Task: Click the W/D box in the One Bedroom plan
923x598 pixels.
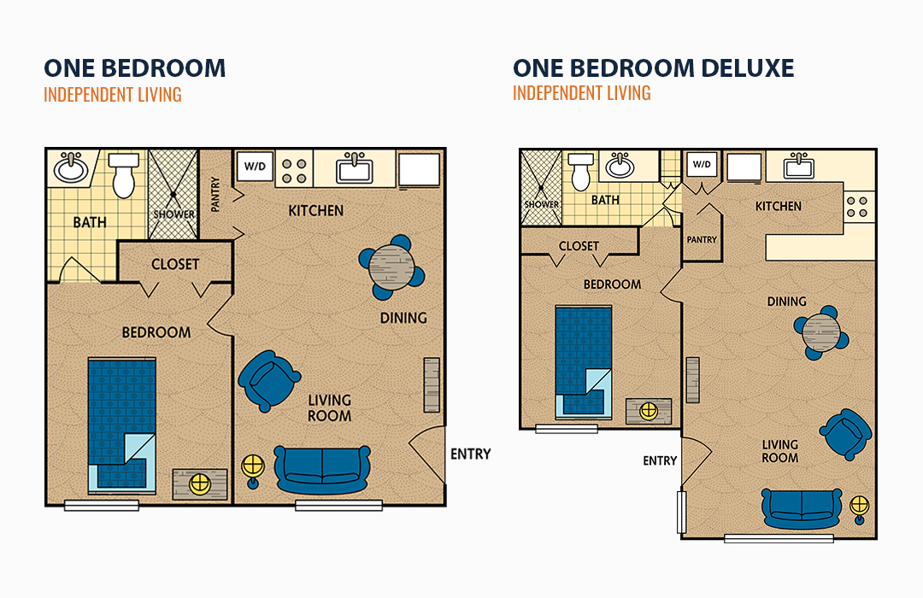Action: pos(255,167)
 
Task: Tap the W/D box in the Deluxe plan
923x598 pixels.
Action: pos(701,164)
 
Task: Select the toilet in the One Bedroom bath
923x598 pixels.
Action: pos(124,175)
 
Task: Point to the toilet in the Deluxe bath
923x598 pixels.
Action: pos(580,171)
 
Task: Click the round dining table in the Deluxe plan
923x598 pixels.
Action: pos(820,332)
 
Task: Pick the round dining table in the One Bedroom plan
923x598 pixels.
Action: pos(391,267)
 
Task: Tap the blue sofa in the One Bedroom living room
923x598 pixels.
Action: pos(322,469)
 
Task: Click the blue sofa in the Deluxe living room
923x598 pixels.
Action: pos(801,508)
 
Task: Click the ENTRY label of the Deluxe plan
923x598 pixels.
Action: pos(660,460)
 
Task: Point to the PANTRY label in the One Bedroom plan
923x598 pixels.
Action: pos(215,194)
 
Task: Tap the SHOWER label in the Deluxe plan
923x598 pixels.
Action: pos(542,204)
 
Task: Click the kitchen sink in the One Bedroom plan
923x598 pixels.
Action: pos(354,169)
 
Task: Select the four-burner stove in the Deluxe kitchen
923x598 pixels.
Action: pos(857,207)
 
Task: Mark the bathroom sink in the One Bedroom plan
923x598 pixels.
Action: pos(71,167)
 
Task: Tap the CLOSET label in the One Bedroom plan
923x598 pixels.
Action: pos(175,264)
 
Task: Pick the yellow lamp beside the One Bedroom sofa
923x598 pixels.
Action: pos(253,469)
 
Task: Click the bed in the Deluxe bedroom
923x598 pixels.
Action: pos(584,362)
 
